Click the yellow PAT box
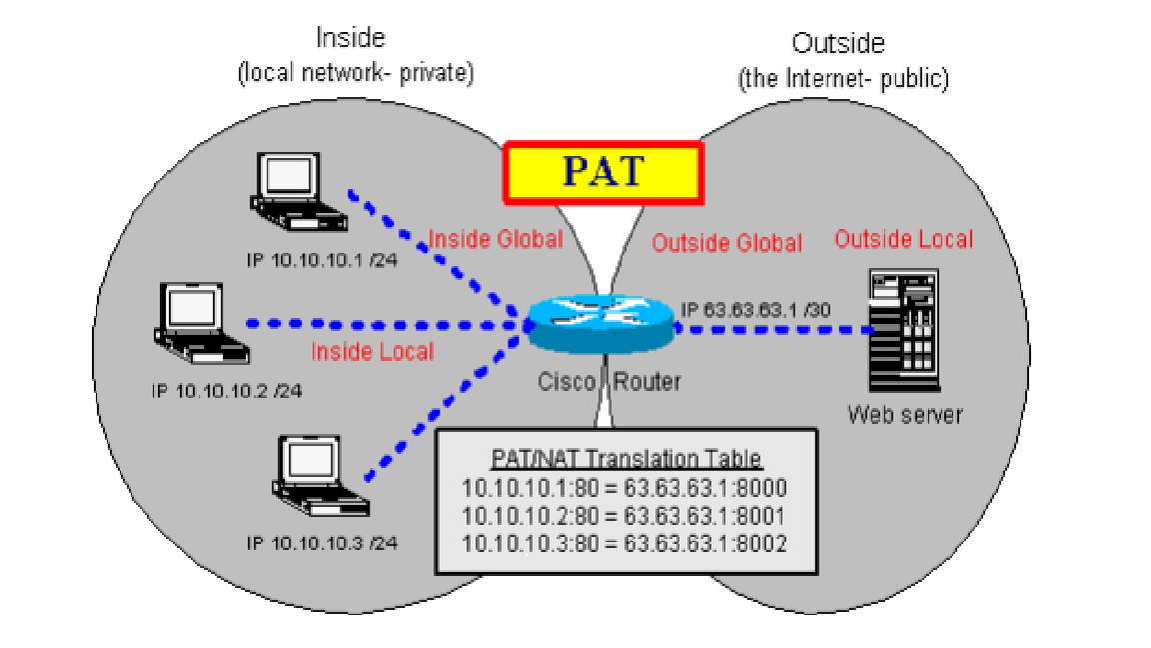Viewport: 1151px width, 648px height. (602, 170)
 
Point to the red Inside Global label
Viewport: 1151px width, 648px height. (496, 239)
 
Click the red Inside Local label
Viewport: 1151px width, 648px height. (373, 351)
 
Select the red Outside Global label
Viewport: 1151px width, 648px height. (726, 243)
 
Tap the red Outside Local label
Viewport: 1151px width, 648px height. (903, 239)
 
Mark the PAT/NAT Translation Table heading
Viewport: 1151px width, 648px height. (626, 459)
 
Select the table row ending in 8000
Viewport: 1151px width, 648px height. (626, 488)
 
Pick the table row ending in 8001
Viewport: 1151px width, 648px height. (626, 516)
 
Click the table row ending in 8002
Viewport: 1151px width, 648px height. (626, 544)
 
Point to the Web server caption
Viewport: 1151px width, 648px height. (905, 413)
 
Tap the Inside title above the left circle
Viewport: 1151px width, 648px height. (350, 39)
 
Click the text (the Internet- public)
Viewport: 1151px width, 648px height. (842, 80)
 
